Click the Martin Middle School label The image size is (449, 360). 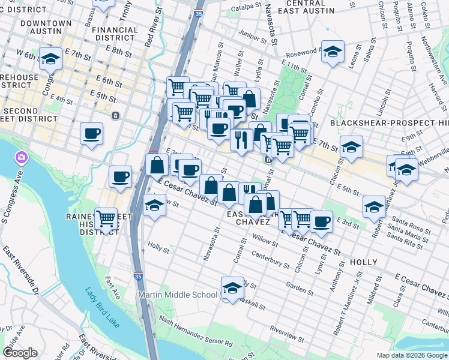pos(178,295)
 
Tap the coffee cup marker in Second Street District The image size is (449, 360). pos(91,134)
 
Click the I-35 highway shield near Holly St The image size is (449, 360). pos(138,277)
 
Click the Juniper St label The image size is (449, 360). pos(252,34)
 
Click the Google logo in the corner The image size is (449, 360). pos(20,352)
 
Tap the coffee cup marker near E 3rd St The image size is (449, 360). pos(321,220)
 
